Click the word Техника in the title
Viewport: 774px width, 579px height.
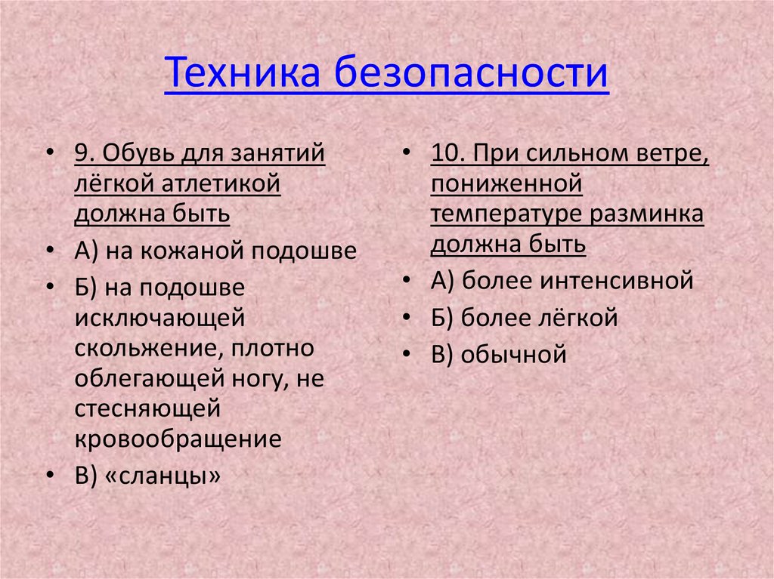click(242, 75)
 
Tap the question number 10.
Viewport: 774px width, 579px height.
click(445, 154)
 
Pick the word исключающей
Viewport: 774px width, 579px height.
click(159, 317)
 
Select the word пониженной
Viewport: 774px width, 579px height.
click(506, 184)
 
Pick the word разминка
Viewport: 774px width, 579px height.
click(655, 214)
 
